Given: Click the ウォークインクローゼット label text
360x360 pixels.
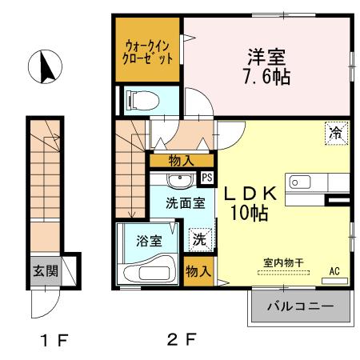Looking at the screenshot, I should tap(148, 53).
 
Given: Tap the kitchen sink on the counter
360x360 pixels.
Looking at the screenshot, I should tap(300, 182).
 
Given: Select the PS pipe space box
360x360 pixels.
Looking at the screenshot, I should tap(206, 178).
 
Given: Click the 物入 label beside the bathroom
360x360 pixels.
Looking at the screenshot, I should tap(198, 271).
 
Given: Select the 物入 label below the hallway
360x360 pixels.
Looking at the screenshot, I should tap(181, 160).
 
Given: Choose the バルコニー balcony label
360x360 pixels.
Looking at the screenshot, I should tap(300, 306).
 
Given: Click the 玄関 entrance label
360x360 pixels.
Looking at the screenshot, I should tap(45, 270).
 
